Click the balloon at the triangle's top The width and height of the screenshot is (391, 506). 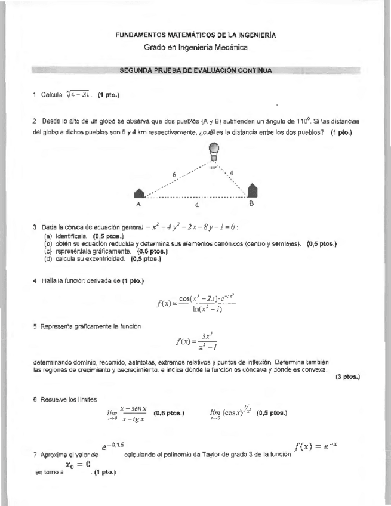pyautogui.click(x=214, y=150)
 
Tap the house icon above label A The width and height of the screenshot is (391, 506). pyautogui.click(x=140, y=192)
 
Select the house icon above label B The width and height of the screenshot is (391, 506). pyautogui.click(x=253, y=190)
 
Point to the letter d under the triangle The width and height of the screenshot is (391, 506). pyautogui.click(x=196, y=203)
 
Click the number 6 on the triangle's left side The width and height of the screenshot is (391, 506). pyautogui.click(x=174, y=174)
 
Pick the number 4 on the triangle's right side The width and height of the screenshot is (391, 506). pyautogui.click(x=232, y=172)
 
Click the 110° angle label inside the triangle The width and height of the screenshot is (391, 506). pyautogui.click(x=212, y=168)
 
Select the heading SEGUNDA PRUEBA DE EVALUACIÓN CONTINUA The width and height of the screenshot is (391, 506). pyautogui.click(x=196, y=70)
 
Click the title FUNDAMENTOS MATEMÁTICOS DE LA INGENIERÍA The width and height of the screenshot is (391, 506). pyautogui.click(x=196, y=36)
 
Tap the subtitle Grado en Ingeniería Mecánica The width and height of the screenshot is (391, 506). pyautogui.click(x=196, y=47)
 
